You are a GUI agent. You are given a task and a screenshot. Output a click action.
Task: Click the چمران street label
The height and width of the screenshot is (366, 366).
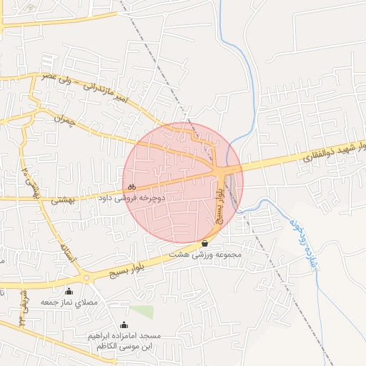pyautogui.click(x=64, y=124)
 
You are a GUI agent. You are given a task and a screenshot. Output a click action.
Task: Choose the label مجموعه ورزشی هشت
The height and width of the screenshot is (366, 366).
pyautogui.click(x=205, y=254)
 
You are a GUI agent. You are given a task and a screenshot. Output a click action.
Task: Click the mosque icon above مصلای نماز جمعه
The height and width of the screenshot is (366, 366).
pyautogui.click(x=69, y=291)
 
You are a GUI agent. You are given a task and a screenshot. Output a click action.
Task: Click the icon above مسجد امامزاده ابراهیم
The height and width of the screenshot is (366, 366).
pyautogui.click(x=125, y=325)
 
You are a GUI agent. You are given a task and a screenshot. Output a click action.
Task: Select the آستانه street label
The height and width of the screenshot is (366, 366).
pyautogui.click(x=69, y=252)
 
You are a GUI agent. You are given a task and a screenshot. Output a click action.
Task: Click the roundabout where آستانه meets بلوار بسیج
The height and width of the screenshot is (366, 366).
pyautogui.click(x=86, y=277)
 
